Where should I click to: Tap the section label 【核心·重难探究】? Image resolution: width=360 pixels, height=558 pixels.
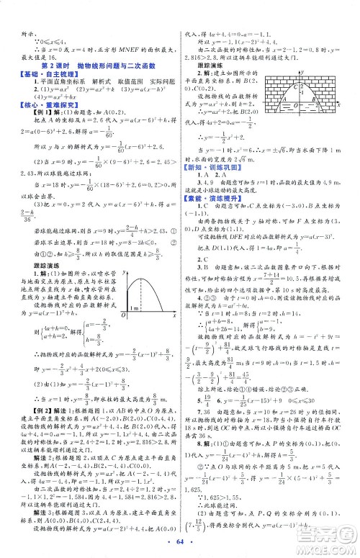pos(43,106)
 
